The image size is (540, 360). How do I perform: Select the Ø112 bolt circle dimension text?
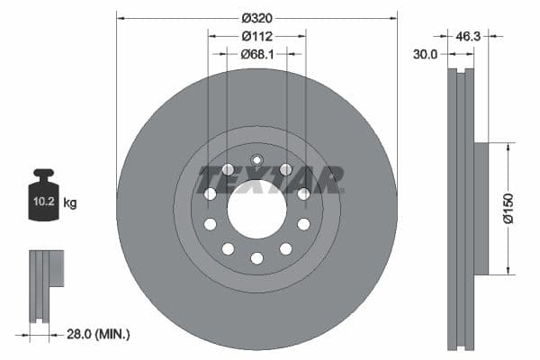[256, 36]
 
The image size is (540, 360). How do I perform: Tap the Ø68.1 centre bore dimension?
[256, 54]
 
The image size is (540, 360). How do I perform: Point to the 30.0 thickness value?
[425, 54]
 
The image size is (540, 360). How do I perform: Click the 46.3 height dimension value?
[469, 37]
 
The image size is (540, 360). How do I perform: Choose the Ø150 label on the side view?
[508, 208]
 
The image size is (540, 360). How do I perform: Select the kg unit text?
[70, 203]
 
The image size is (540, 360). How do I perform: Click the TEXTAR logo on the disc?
[270, 178]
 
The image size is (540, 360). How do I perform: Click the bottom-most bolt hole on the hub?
[256, 258]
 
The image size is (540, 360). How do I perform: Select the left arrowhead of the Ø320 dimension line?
[121, 16]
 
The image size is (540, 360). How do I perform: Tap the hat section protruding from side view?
[481, 208]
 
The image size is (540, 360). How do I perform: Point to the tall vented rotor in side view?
[461, 208]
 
